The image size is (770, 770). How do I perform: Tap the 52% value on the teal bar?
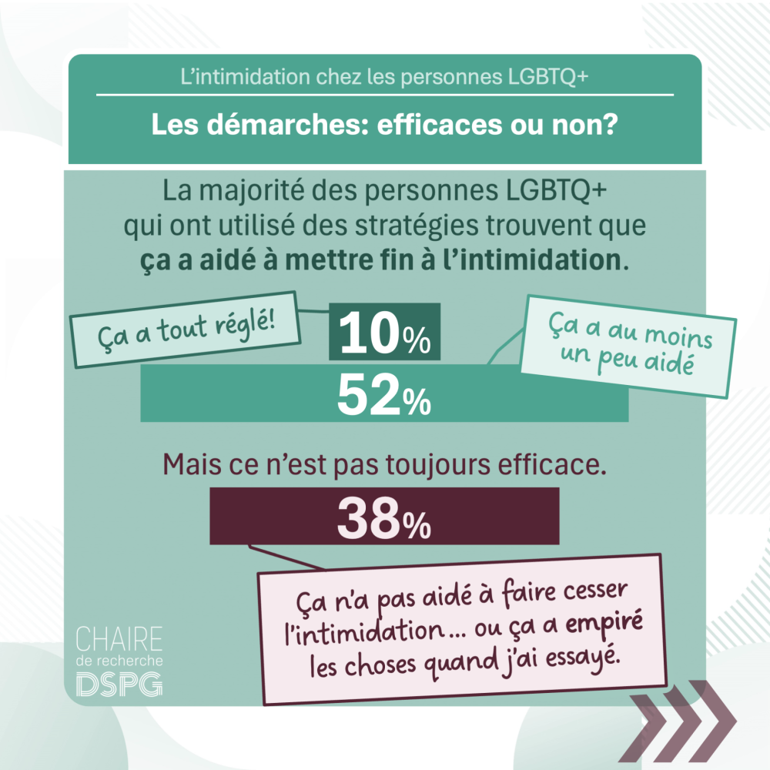point(383,395)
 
